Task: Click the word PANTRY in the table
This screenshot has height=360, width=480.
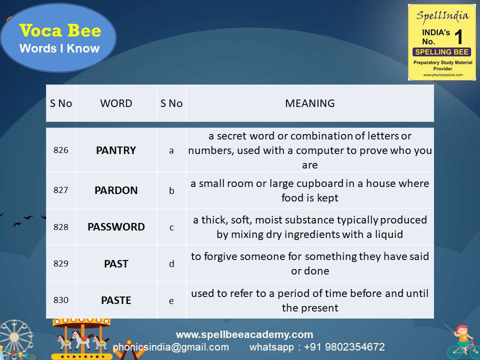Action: point(116,150)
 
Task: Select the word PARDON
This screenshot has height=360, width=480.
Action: point(116,190)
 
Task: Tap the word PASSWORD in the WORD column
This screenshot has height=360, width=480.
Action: point(116,227)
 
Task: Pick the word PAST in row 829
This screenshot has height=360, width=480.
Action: point(116,263)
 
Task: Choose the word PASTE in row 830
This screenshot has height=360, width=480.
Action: point(116,300)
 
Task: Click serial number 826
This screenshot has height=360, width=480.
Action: point(60,150)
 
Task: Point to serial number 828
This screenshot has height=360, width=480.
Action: point(60,227)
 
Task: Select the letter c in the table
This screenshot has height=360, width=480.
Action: point(171,227)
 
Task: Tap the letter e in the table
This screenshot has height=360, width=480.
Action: point(171,300)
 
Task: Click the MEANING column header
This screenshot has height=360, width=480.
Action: point(310,103)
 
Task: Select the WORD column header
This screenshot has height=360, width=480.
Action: point(116,103)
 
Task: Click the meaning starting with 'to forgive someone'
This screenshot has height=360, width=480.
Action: point(310,263)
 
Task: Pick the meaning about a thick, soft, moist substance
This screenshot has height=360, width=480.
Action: point(310,227)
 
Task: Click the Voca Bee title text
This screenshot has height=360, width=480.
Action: point(60,31)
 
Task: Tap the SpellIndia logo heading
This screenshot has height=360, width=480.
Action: point(442,15)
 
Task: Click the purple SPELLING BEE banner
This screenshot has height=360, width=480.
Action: point(441,52)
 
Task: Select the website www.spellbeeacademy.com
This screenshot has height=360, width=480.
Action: point(244,334)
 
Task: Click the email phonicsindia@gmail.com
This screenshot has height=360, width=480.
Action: point(171,347)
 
